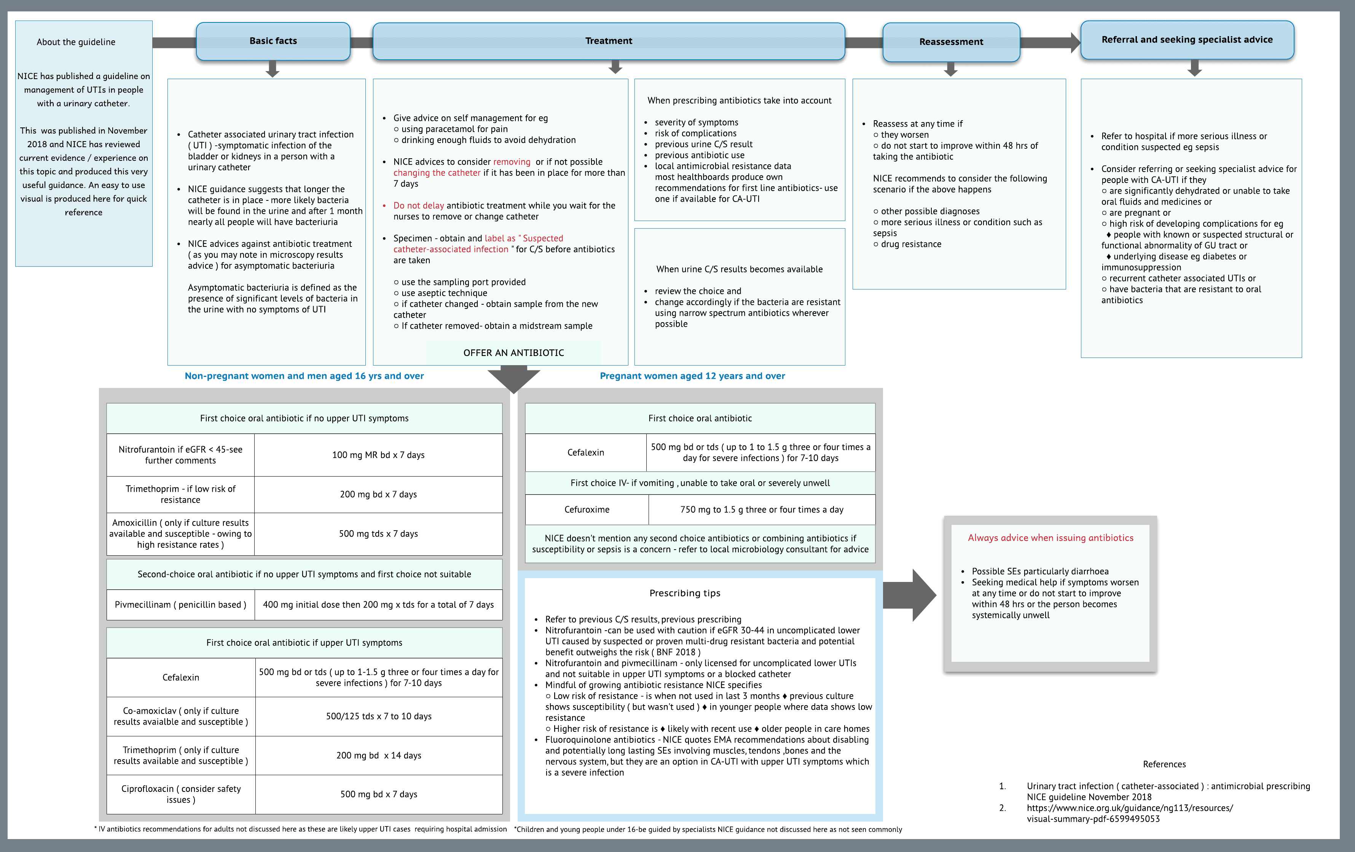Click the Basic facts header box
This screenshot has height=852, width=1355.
pos(273,41)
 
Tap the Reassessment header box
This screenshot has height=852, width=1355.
pos(951,41)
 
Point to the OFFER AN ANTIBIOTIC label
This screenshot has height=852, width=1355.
pos(513,353)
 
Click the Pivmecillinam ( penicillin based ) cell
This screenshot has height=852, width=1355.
pos(181,604)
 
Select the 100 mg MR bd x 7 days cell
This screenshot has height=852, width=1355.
pos(378,455)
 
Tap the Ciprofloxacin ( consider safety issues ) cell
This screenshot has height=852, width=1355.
pos(181,794)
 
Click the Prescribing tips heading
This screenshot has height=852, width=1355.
pos(685,593)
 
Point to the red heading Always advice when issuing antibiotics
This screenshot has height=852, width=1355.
pos(1051,537)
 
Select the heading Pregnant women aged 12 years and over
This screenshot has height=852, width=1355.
pos(692,376)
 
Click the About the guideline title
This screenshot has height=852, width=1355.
pos(76,42)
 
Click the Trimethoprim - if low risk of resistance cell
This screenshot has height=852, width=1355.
pos(181,494)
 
